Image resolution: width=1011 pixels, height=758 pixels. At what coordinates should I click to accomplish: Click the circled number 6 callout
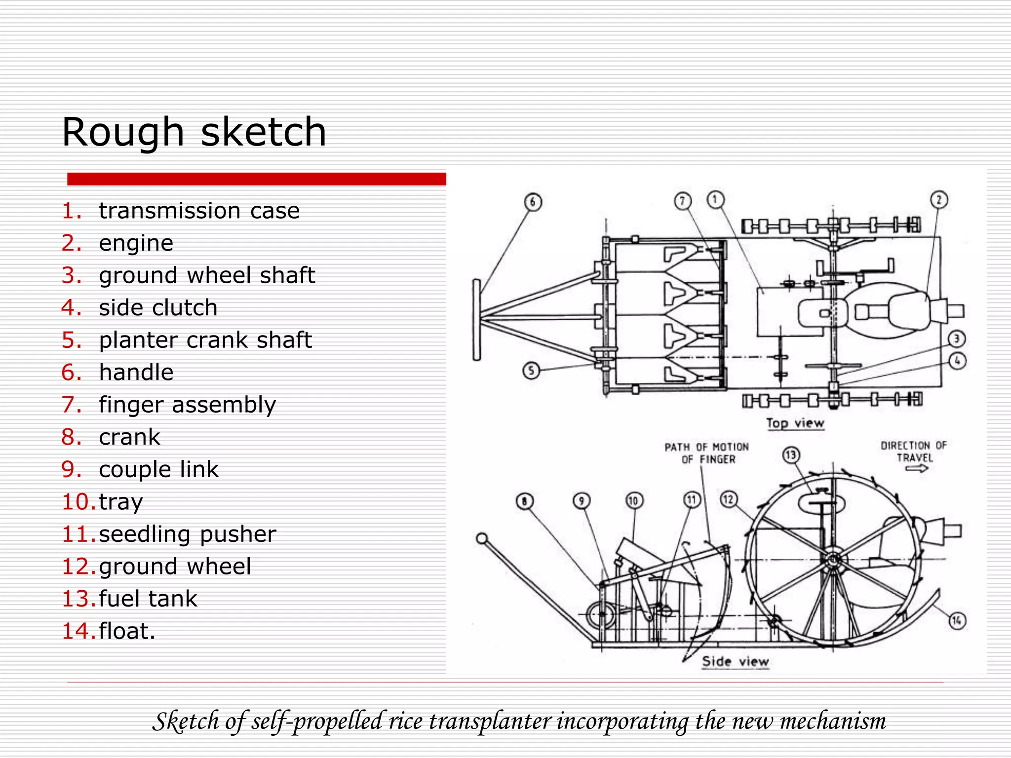pyautogui.click(x=533, y=202)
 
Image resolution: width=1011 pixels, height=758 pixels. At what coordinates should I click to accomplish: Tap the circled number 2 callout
pyautogui.click(x=939, y=200)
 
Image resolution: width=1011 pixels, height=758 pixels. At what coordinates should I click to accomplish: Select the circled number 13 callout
pyautogui.click(x=791, y=455)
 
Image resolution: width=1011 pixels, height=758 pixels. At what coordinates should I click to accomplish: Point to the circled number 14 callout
pyautogui.click(x=957, y=620)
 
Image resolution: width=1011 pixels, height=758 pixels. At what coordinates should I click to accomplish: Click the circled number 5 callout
pyautogui.click(x=531, y=370)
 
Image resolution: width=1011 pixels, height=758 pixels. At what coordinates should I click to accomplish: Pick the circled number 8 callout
pyautogui.click(x=524, y=501)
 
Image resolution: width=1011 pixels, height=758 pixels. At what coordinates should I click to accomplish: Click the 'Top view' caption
pyautogui.click(x=795, y=423)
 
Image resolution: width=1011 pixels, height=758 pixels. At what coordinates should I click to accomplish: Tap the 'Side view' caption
pyautogui.click(x=736, y=661)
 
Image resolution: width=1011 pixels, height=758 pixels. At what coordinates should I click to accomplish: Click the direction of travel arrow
pyautogui.click(x=916, y=469)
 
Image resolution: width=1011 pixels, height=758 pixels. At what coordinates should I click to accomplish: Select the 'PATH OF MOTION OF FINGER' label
pyautogui.click(x=707, y=453)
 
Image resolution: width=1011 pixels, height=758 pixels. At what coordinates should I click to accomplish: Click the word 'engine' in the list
pyautogui.click(x=136, y=243)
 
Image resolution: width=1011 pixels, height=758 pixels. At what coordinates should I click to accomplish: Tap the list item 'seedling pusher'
pyautogui.click(x=187, y=534)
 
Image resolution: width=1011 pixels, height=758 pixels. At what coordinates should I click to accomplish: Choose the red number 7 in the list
pyautogui.click(x=72, y=405)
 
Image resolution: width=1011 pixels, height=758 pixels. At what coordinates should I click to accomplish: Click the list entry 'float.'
pyautogui.click(x=127, y=631)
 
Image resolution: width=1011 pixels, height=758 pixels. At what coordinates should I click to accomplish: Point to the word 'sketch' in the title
pyautogui.click(x=263, y=132)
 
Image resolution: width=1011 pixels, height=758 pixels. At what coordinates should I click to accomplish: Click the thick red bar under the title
pyautogui.click(x=256, y=179)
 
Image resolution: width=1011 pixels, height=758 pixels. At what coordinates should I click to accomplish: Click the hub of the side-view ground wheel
pyautogui.click(x=832, y=561)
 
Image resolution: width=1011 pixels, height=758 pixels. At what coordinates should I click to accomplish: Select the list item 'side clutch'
pyautogui.click(x=158, y=307)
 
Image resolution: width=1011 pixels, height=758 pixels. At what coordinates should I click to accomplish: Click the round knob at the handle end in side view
pyautogui.click(x=482, y=538)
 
